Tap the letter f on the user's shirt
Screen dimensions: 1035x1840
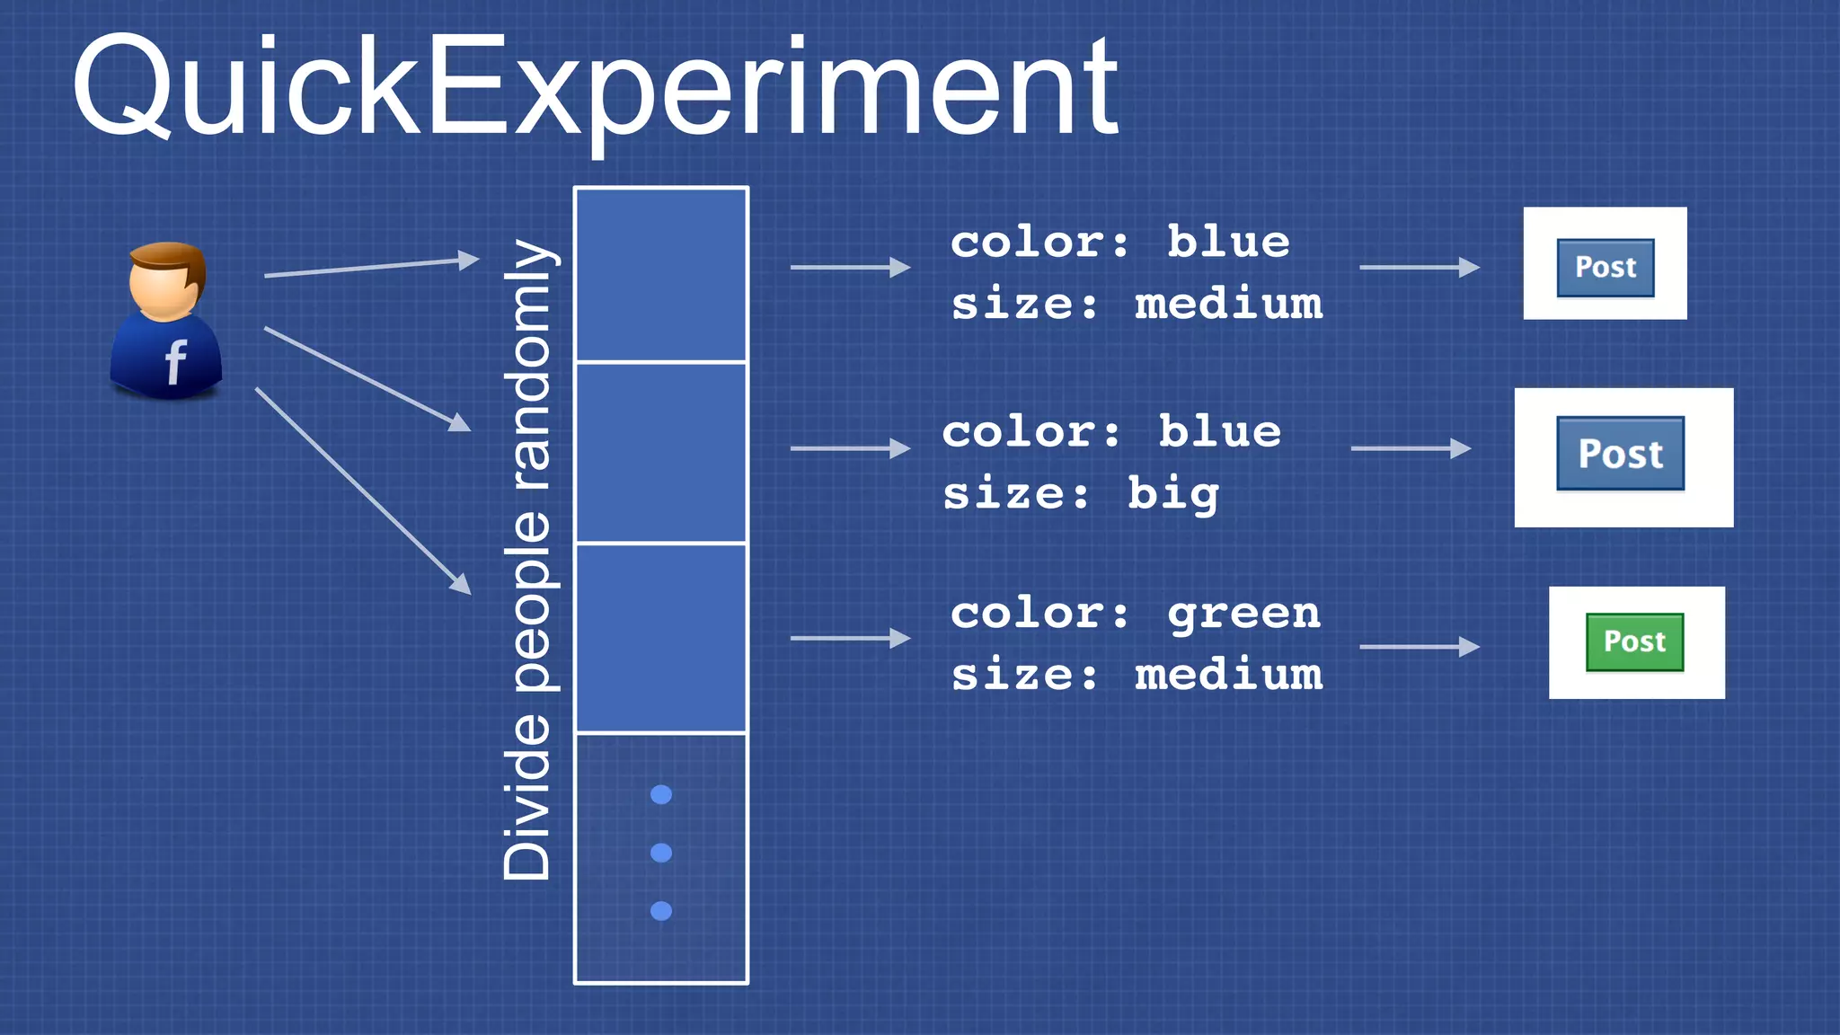point(175,362)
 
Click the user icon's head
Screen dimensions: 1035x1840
point(167,280)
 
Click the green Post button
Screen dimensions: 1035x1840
point(1634,641)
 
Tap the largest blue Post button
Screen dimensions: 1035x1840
point(1620,454)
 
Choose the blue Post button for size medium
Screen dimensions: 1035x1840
point(1605,267)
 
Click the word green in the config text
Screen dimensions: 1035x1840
point(1243,614)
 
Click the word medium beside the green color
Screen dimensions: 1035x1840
point(1228,674)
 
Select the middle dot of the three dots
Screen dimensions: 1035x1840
point(661,853)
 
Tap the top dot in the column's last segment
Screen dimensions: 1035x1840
point(661,794)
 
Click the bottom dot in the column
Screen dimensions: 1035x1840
point(661,911)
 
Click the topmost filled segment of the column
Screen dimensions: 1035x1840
point(661,274)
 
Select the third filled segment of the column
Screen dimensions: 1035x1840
point(661,638)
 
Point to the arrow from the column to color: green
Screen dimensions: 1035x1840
point(850,638)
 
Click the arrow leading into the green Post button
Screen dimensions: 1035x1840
point(1420,646)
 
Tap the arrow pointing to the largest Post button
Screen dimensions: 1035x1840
point(1411,448)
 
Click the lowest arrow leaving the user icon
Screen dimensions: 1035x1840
point(363,491)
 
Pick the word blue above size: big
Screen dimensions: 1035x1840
point(1219,432)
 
